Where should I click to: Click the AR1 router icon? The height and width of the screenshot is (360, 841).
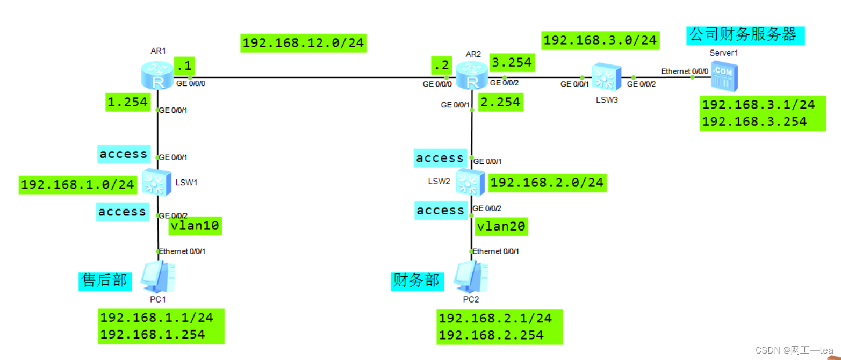tap(158, 75)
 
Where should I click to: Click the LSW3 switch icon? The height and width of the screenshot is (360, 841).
tap(607, 77)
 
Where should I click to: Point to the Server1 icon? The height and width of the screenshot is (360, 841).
tap(724, 76)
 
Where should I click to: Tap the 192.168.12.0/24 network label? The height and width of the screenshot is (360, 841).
tap(303, 43)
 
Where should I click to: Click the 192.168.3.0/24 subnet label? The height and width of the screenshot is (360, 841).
tap(600, 40)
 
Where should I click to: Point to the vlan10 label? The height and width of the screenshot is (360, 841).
tap(195, 226)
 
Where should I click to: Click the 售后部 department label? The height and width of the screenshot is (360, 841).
tap(105, 280)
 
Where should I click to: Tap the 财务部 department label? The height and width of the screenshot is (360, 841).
tap(416, 280)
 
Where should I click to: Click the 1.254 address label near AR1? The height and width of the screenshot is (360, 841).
tap(127, 102)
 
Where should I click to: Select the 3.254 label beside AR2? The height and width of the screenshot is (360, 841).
tap(512, 62)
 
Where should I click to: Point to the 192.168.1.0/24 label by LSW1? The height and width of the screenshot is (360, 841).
tap(77, 185)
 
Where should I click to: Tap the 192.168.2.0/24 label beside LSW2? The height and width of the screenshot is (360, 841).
tap(547, 183)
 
